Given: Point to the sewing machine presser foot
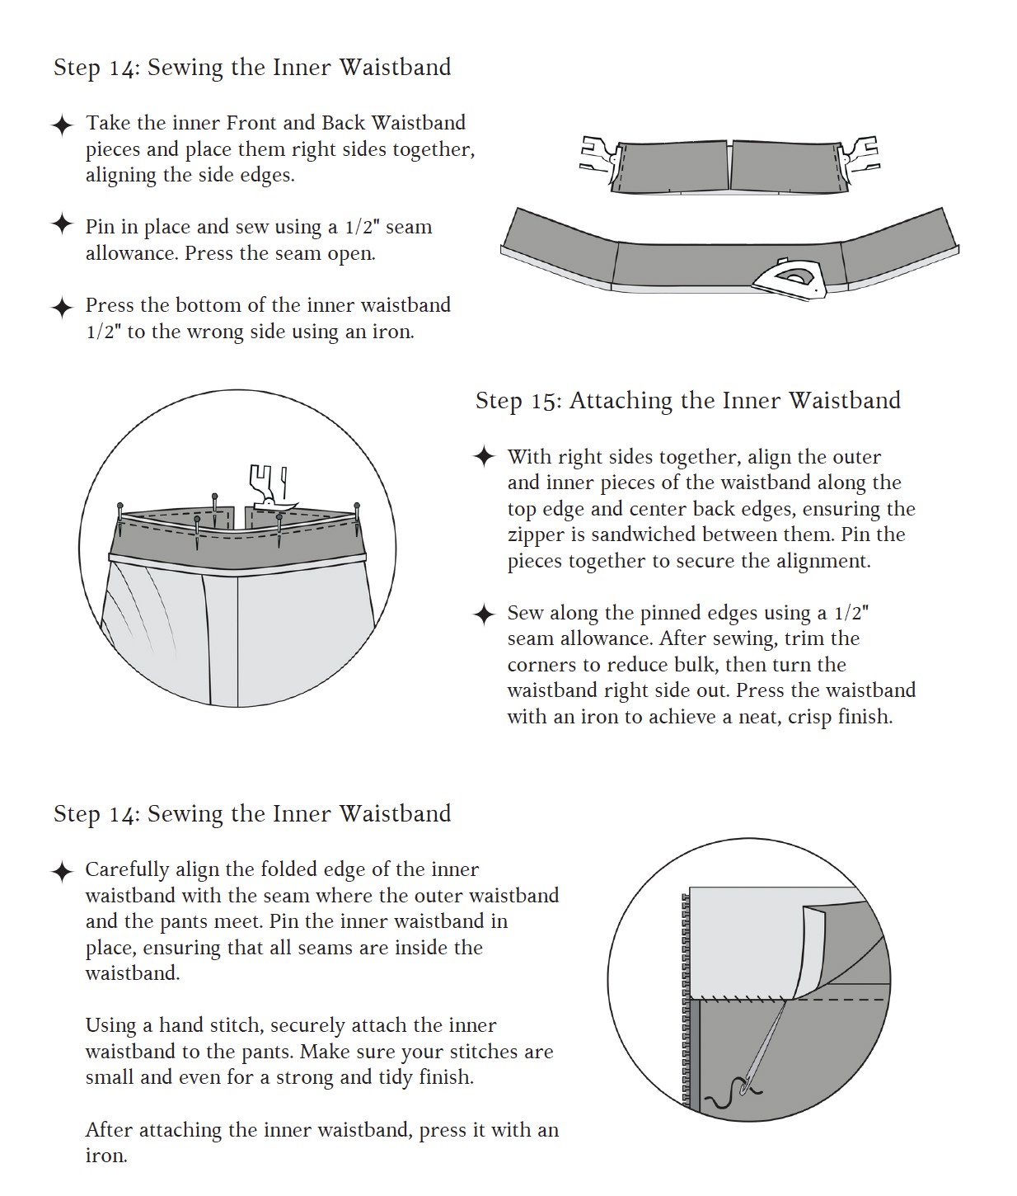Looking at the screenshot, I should pos(269,487).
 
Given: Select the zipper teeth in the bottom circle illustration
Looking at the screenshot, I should pos(686,998).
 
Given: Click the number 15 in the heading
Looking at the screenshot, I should pos(544,401).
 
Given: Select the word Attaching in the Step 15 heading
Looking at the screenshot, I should pos(621,401).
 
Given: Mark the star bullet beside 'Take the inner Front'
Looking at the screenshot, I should pos(62,125).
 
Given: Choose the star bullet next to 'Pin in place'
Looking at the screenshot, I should pos(62,224).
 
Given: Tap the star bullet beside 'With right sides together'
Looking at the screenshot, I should pos(484,456).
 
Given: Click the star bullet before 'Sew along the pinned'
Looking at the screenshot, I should pos(484,614).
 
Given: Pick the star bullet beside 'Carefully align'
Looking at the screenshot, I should pos(62,871).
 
